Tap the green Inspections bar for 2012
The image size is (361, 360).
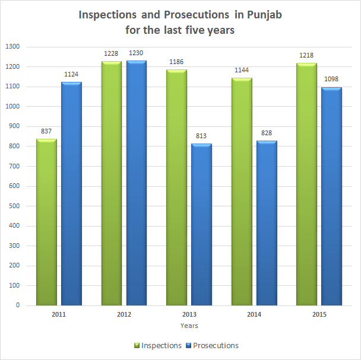(x=112, y=183)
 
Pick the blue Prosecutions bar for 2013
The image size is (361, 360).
(x=201, y=225)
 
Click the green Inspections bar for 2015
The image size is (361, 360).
(x=307, y=184)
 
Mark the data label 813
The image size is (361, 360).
(x=201, y=136)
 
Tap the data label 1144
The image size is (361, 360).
(x=242, y=71)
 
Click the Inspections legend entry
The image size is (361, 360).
(x=158, y=345)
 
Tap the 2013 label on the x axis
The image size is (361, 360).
(x=189, y=314)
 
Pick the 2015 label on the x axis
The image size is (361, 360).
(x=319, y=314)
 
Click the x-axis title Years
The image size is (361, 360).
(x=189, y=326)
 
